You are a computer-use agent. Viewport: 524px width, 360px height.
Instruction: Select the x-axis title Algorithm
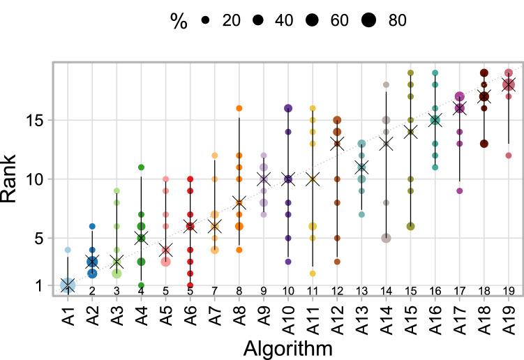[287, 347]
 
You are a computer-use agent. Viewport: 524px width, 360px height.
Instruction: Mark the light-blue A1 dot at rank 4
[68, 250]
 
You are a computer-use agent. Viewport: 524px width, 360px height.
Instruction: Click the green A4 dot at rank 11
[141, 167]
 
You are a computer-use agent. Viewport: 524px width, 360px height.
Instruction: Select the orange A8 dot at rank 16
[239, 108]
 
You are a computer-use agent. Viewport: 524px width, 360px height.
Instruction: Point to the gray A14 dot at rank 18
[386, 84]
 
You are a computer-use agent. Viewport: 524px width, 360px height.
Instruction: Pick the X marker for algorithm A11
[312, 179]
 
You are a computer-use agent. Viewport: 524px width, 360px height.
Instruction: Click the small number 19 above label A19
[508, 290]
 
